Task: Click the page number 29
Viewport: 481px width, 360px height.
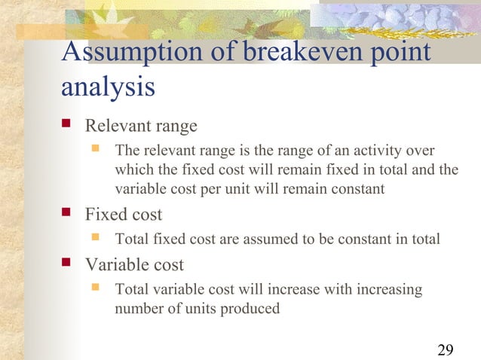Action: coord(445,349)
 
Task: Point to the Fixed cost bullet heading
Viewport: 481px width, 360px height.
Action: coord(123,215)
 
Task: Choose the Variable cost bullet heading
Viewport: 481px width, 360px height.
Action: coord(134,265)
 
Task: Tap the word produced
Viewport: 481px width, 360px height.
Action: coord(253,309)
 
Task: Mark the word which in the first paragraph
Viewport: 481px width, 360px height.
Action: coord(132,169)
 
